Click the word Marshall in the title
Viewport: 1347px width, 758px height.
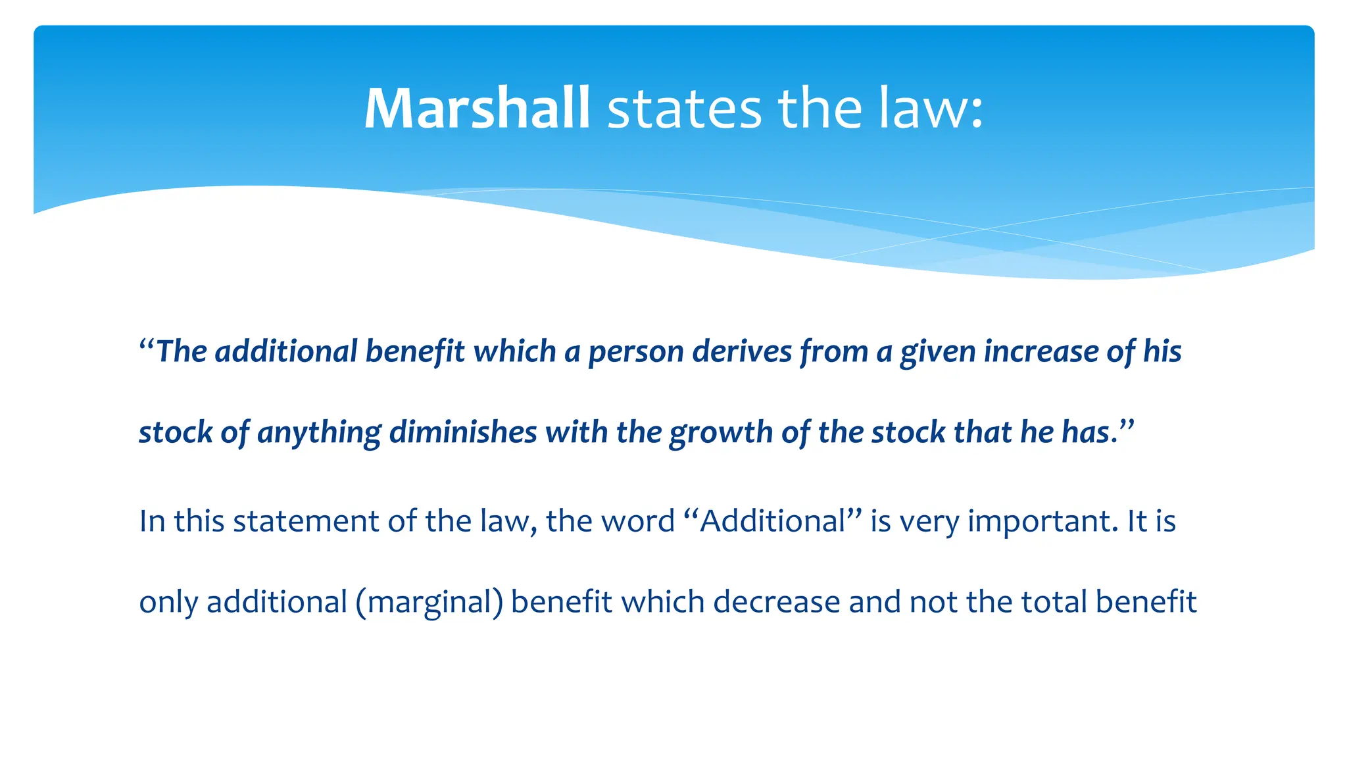coord(477,109)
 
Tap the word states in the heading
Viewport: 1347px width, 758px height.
coord(684,110)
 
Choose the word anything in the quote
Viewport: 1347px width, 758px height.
coord(319,433)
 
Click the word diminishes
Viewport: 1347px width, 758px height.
coord(463,432)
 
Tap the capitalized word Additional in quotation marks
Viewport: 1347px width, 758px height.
coord(772,521)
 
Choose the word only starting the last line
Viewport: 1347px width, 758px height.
coord(168,603)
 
